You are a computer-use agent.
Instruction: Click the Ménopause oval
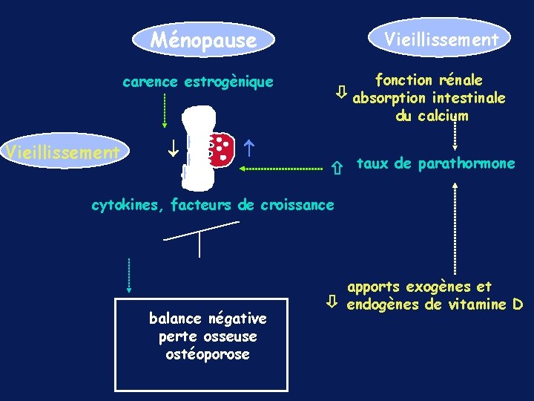point(203,39)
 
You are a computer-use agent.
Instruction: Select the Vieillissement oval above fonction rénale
point(441,39)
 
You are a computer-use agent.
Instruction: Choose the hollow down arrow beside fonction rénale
point(340,93)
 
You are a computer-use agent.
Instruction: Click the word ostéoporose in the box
point(208,354)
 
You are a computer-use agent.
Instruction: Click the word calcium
point(442,115)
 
